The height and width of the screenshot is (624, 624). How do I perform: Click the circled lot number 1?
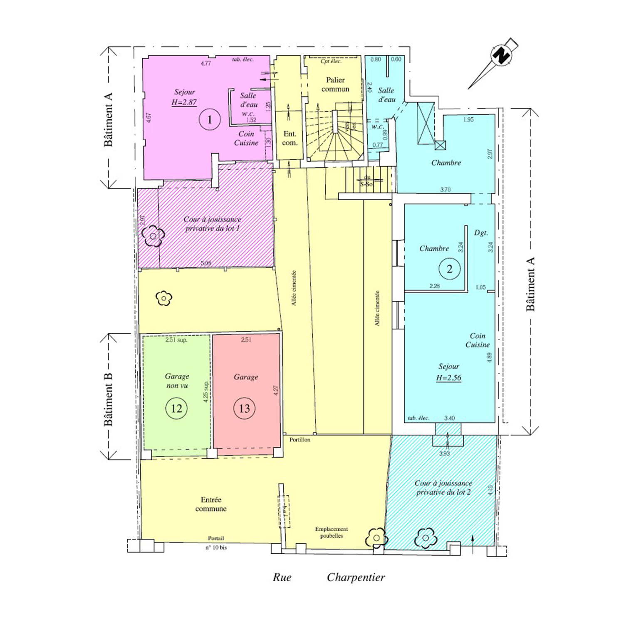210,120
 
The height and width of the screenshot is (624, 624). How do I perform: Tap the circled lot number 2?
449,269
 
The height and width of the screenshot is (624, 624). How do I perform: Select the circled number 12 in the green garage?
176,408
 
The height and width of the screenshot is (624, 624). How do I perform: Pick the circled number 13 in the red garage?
244,408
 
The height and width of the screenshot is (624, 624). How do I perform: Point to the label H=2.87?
184,102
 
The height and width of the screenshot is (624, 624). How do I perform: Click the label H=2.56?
448,378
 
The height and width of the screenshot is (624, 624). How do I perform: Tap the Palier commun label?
335,84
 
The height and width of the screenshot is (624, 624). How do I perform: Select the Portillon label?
300,440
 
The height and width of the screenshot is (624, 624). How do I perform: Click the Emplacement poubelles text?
332,532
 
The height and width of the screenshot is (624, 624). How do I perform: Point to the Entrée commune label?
211,504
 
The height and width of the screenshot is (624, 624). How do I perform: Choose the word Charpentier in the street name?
356,577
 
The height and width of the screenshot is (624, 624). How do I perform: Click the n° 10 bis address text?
216,548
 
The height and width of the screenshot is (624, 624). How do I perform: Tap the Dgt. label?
481,233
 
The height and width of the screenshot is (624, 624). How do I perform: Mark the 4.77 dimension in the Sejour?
206,64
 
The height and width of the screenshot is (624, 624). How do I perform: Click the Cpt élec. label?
331,61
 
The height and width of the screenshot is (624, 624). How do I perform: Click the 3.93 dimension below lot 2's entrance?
445,453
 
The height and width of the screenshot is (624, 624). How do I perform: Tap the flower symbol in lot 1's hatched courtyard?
153,236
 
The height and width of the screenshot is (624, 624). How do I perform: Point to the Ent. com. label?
290,138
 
